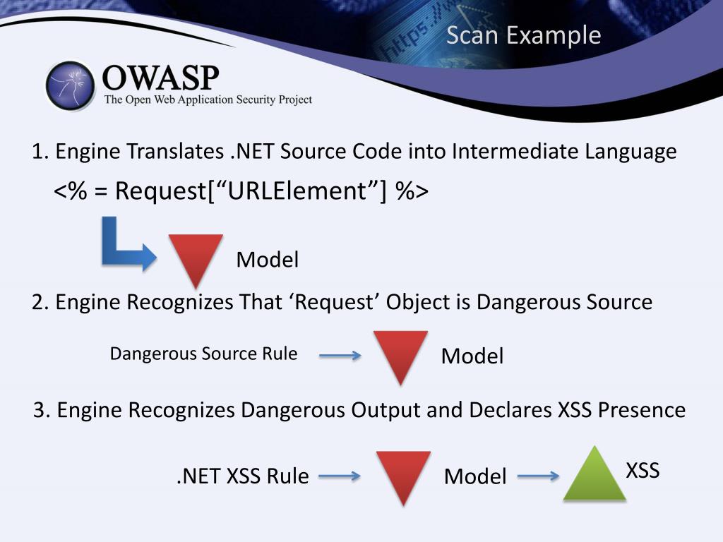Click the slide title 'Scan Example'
(523, 35)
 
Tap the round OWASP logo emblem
(71, 85)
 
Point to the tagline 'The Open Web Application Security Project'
(208, 100)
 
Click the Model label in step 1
(267, 260)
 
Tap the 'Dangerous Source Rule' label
(203, 354)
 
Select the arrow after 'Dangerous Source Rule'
(340, 356)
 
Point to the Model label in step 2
(472, 356)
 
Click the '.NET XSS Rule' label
(242, 476)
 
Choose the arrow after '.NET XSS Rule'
(340, 476)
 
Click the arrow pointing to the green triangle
(538, 476)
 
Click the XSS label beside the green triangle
(643, 471)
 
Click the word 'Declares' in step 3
(494, 410)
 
